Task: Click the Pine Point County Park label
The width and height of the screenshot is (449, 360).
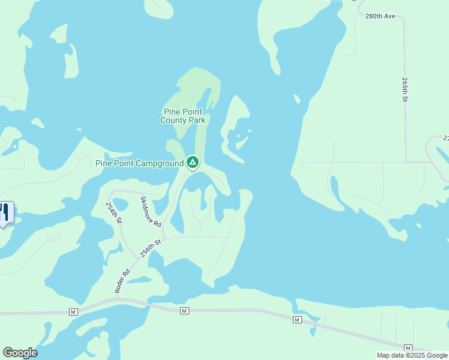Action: click(x=182, y=116)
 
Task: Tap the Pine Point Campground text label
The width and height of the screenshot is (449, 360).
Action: click(x=139, y=163)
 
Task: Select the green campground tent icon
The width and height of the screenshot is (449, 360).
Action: click(x=192, y=162)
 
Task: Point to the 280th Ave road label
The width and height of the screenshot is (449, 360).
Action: click(x=380, y=16)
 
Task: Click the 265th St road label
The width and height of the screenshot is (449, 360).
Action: click(x=406, y=89)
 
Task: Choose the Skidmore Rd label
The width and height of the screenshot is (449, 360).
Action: click(x=151, y=211)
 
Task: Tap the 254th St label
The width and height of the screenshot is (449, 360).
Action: click(x=114, y=213)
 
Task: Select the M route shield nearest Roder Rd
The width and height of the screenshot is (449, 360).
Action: click(x=73, y=312)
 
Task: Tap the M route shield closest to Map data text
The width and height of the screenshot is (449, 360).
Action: click(x=408, y=348)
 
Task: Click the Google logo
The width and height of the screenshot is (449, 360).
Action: click(x=20, y=353)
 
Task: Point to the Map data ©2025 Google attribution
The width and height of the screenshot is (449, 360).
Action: click(x=412, y=355)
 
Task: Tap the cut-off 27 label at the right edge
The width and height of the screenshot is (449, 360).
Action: click(x=446, y=138)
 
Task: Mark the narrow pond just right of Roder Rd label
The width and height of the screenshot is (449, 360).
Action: click(x=139, y=280)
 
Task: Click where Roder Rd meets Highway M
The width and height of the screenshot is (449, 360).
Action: click(x=116, y=298)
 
